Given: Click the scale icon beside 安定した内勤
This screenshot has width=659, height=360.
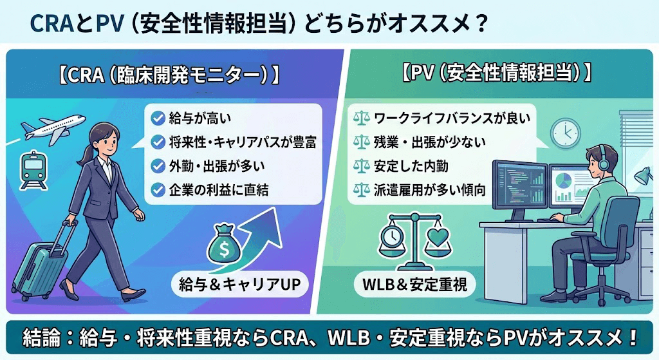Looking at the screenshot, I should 361,166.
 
